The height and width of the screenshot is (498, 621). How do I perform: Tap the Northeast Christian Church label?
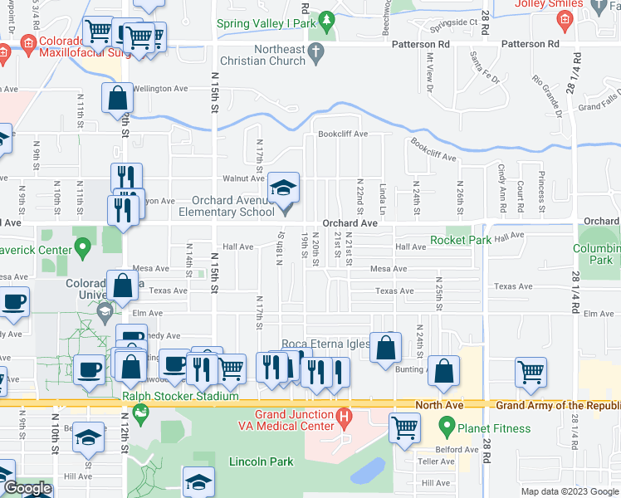[262, 57]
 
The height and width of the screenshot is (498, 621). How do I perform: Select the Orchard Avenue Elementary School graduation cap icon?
[283, 188]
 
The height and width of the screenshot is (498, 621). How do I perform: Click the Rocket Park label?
[461, 240]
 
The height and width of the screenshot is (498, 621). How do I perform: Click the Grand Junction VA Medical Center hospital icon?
[342, 415]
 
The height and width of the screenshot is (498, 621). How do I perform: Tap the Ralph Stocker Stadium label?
[180, 396]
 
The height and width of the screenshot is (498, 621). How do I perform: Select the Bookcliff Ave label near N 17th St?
[340, 134]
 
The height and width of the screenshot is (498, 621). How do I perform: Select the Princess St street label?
[540, 189]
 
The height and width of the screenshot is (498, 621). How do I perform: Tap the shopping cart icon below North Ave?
[404, 428]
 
